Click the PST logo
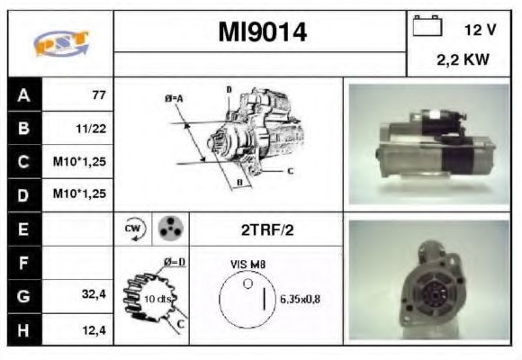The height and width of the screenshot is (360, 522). [x=61, y=43]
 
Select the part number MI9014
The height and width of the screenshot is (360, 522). [x=262, y=32]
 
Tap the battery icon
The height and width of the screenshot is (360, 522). [x=427, y=25]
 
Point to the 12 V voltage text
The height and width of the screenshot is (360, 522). [x=480, y=30]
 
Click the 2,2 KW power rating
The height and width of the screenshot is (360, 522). [x=463, y=60]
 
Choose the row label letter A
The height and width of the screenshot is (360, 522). [x=23, y=95]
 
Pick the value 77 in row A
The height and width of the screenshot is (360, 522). [x=99, y=95]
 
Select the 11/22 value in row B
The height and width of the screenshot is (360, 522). [x=91, y=129]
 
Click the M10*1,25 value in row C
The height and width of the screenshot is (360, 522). [x=79, y=162]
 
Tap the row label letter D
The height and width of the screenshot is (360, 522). [x=23, y=195]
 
